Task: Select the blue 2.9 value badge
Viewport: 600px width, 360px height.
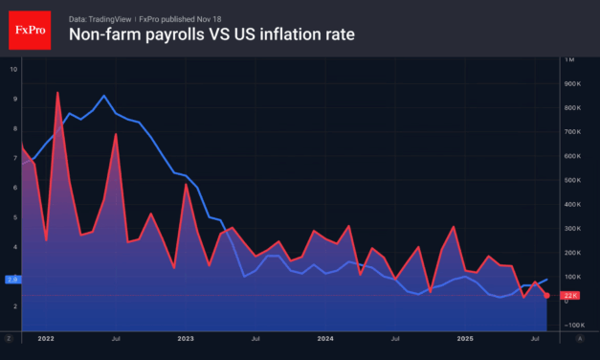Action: point(12,279)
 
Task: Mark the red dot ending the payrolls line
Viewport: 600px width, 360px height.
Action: point(546,296)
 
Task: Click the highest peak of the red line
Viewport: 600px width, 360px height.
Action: point(57,93)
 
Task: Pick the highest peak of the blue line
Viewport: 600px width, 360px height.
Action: point(103,96)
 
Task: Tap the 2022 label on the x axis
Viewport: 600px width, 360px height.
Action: point(45,338)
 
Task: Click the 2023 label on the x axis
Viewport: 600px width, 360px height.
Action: point(186,338)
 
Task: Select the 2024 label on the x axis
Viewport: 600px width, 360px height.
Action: point(326,338)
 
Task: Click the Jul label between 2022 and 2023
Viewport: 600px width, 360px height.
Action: point(115,338)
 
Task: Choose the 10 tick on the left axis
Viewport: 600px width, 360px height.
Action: point(13,69)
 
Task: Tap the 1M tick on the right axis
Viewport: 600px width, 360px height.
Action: point(570,59)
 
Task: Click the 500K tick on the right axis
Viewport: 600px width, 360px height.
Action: point(572,180)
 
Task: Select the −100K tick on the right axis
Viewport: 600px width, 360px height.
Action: point(572,325)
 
